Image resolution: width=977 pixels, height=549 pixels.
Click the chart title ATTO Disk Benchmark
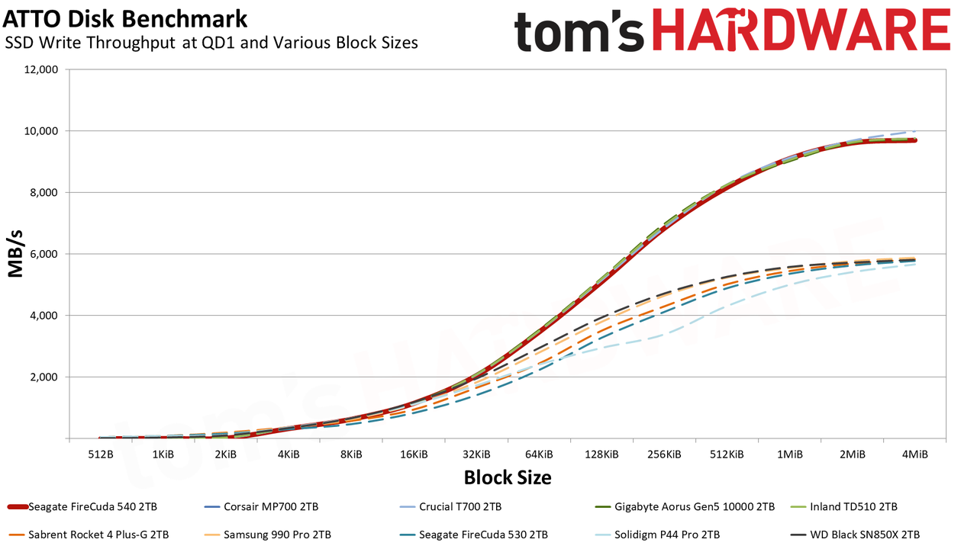125,19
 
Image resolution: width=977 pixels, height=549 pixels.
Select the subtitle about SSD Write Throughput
211,43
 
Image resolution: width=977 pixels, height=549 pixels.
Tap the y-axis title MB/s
15,254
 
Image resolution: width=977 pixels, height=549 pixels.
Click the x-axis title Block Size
508,477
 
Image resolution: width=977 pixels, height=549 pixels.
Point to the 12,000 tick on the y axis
40,69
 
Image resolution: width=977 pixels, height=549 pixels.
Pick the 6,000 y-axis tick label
44,254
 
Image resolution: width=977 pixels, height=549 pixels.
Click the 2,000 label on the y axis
44,377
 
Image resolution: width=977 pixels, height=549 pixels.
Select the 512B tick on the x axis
101,454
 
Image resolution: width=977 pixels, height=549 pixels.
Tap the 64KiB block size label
539,454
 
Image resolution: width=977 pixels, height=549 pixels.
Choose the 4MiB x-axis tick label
914,454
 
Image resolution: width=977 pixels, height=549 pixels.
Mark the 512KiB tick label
727,454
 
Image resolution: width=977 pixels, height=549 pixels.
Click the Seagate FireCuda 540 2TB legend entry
82,507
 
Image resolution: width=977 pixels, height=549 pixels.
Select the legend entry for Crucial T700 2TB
450,507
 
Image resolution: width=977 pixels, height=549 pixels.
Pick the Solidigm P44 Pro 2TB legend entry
657,535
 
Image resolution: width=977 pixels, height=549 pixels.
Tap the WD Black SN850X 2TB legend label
856,535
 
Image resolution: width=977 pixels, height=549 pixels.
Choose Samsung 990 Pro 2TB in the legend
268,535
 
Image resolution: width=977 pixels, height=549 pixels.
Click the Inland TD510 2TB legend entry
844,507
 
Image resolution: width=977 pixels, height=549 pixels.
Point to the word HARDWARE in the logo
801,30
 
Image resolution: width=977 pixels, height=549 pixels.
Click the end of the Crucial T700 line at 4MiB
914,131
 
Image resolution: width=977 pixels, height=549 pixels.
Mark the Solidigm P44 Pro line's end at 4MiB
914,264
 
